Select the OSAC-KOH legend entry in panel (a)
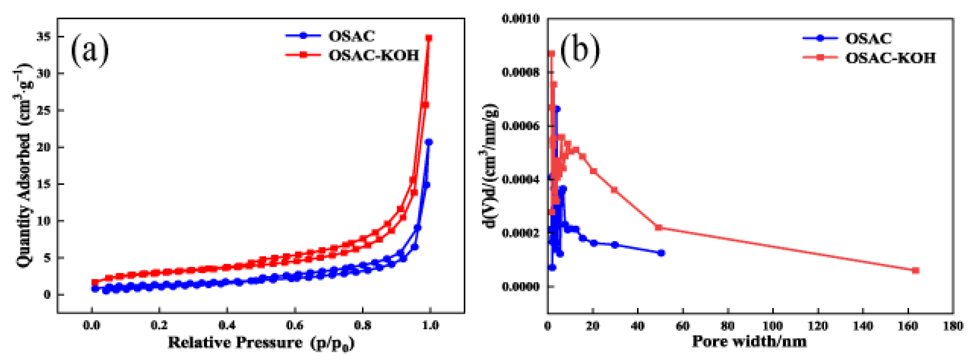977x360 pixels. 374,55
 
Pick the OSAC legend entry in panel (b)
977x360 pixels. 868,38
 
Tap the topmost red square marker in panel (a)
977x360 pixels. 429,38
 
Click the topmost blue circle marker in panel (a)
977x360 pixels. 429,142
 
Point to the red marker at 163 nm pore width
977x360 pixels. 916,270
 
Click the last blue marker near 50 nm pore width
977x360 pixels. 662,253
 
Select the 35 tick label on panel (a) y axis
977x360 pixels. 44,37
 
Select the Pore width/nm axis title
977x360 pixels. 749,341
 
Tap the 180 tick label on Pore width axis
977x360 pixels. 952,325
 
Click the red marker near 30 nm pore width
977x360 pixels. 614,190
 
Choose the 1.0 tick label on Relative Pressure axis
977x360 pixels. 430,325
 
